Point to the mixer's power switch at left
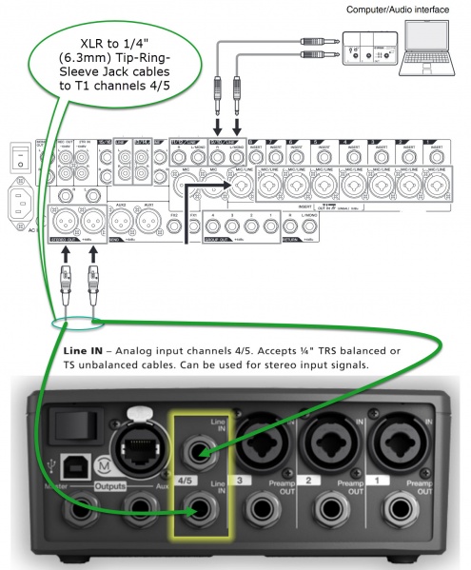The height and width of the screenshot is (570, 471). [15, 155]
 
